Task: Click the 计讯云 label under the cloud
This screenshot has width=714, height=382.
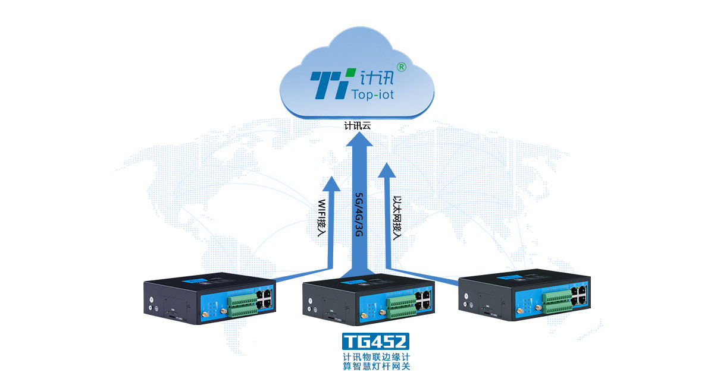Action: [x=358, y=125]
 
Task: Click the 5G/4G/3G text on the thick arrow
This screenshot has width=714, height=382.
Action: [x=358, y=214]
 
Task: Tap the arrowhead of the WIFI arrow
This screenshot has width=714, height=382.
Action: [x=330, y=182]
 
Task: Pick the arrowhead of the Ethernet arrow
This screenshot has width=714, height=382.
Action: [x=388, y=171]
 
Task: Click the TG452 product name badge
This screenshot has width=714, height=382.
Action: [x=375, y=341]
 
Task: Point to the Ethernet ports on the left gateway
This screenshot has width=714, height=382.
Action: [x=265, y=298]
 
